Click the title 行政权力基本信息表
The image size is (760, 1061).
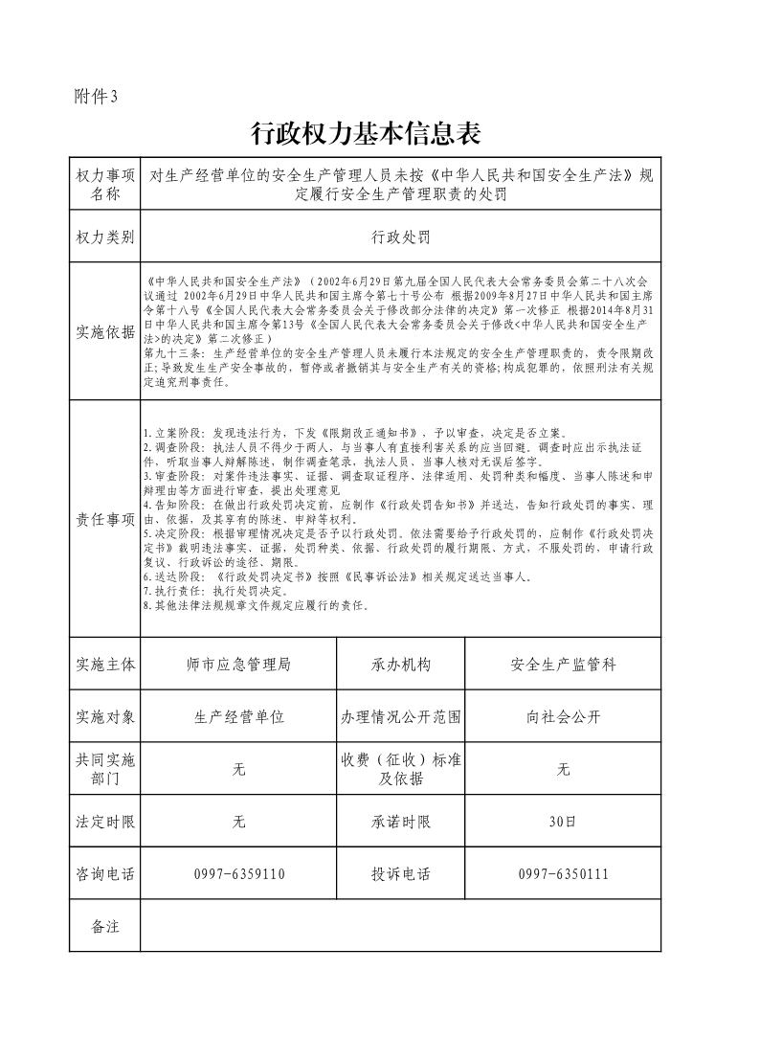coord(364,133)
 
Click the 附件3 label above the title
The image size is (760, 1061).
coord(95,95)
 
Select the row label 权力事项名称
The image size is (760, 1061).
coord(105,185)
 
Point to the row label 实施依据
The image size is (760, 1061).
coord(105,332)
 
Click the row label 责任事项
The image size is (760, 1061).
coord(105,519)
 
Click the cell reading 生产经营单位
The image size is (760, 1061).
coord(239,716)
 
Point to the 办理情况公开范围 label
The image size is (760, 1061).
coord(401,716)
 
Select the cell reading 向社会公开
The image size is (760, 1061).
coord(563,716)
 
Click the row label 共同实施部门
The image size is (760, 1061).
coord(105,769)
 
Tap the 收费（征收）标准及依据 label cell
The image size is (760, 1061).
coord(401,769)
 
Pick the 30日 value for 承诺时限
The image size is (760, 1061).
coord(563,822)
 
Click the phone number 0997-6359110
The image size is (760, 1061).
coord(239,874)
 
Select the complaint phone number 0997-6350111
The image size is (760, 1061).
coord(563,874)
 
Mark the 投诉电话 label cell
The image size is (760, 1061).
coord(401,874)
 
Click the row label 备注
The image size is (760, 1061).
coord(105,926)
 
